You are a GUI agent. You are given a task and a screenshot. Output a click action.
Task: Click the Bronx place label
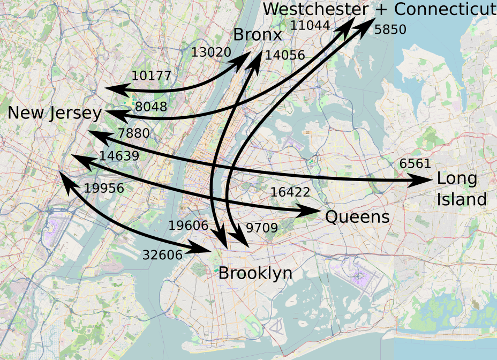(257, 35)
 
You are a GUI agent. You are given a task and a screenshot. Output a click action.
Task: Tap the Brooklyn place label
(255, 273)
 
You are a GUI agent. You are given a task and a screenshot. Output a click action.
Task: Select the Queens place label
(357, 217)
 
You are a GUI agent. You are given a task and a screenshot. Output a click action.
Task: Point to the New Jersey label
(55, 113)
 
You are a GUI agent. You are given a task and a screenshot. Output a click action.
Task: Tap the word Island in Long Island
(461, 199)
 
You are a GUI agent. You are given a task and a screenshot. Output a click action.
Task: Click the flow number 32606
(163, 255)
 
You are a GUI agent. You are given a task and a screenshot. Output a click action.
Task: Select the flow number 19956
(104, 188)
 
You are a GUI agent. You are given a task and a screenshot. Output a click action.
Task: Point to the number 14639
(119, 156)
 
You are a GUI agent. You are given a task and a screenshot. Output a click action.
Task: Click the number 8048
(151, 107)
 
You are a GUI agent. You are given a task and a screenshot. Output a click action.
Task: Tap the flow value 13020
(211, 52)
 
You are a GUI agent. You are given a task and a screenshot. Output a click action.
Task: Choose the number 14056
(285, 55)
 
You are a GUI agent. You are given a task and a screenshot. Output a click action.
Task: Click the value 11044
(310, 25)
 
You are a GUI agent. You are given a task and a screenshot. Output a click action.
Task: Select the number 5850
(390, 30)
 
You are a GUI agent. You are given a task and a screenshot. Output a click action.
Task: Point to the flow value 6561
(415, 164)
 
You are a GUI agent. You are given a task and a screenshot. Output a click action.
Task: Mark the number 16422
(290, 193)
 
